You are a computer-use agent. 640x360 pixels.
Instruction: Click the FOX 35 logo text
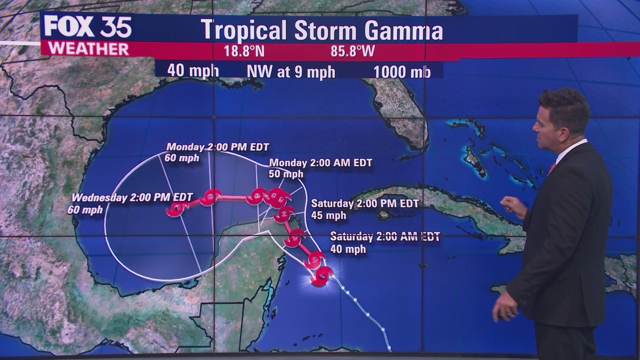tap(87, 27)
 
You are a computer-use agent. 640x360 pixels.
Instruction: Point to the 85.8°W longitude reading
tap(352, 51)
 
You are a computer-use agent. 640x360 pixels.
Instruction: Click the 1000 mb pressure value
tap(401, 72)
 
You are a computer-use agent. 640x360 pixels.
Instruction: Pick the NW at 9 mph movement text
tap(290, 72)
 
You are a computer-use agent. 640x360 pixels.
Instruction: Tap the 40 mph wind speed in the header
tap(192, 70)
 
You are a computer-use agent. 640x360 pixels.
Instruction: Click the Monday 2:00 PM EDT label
tap(217, 147)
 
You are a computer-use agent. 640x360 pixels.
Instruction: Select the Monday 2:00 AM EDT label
tap(320, 162)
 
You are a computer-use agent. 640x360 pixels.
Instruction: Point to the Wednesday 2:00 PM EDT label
tap(132, 197)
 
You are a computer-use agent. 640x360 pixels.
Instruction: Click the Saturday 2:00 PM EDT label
tap(365, 203)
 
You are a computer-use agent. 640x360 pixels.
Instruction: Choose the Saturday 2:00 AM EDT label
tap(384, 237)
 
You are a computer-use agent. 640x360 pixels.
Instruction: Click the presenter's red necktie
tap(551, 168)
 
